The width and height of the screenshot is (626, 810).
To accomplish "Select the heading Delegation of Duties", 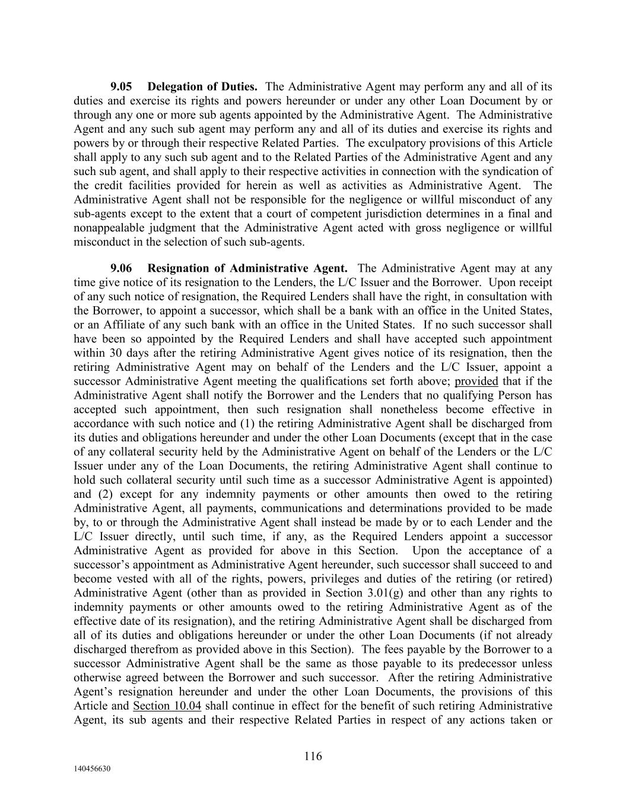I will (202, 87).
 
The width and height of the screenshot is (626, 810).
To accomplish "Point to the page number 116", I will (313, 756).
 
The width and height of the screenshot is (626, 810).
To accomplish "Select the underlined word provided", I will (476, 381).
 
